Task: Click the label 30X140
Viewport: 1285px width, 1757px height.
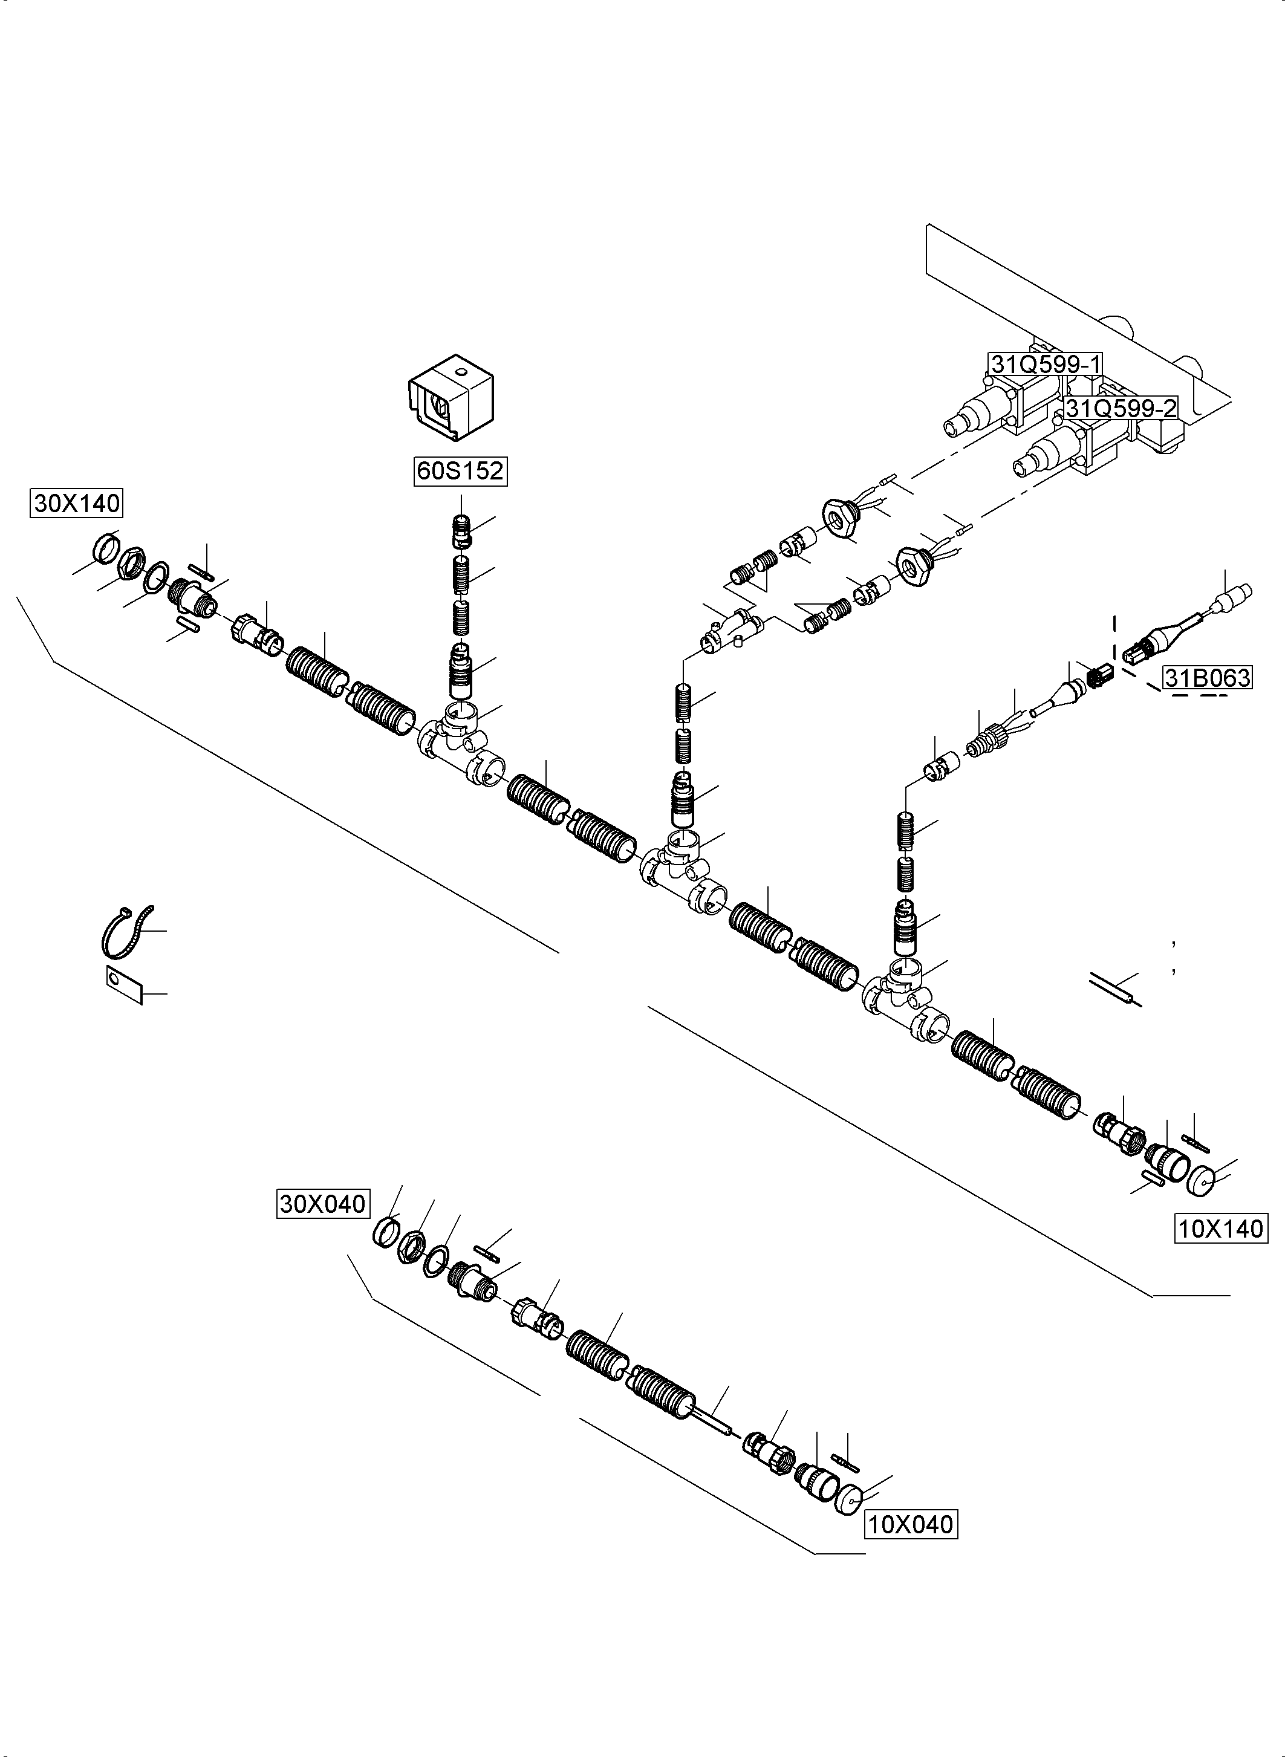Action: coord(76,503)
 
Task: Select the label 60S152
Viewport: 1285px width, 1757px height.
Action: coord(460,470)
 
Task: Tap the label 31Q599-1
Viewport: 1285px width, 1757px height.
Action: coord(1045,363)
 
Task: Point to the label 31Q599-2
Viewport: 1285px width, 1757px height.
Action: coord(1120,408)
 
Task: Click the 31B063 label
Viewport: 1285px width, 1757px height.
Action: coord(1207,677)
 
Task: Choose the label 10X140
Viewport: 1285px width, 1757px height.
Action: coord(1220,1229)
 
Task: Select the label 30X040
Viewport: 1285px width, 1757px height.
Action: coord(323,1203)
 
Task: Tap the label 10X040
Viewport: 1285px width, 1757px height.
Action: coord(910,1524)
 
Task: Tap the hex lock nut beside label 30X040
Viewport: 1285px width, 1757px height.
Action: coord(411,1247)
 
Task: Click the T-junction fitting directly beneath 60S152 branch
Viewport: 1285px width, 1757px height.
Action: coord(459,735)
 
